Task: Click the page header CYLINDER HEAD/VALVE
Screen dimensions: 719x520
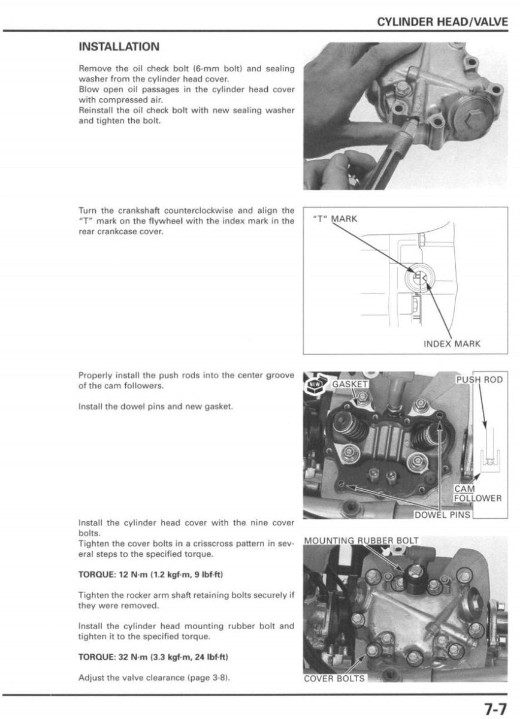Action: (x=442, y=23)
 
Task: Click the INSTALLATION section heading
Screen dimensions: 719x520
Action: (x=119, y=47)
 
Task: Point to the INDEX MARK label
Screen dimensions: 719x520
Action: (x=452, y=344)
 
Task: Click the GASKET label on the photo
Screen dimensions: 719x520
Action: (x=350, y=383)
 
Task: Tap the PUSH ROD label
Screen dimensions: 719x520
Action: (x=479, y=380)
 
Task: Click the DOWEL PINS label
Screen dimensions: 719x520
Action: (x=443, y=514)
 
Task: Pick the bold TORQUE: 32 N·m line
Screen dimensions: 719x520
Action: (x=153, y=657)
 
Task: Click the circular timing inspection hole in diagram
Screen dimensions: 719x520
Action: (x=418, y=277)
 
